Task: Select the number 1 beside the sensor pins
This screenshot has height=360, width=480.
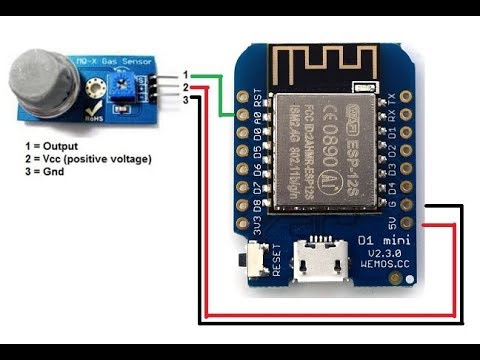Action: pos(171,76)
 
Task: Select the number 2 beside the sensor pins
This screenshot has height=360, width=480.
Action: pos(171,88)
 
